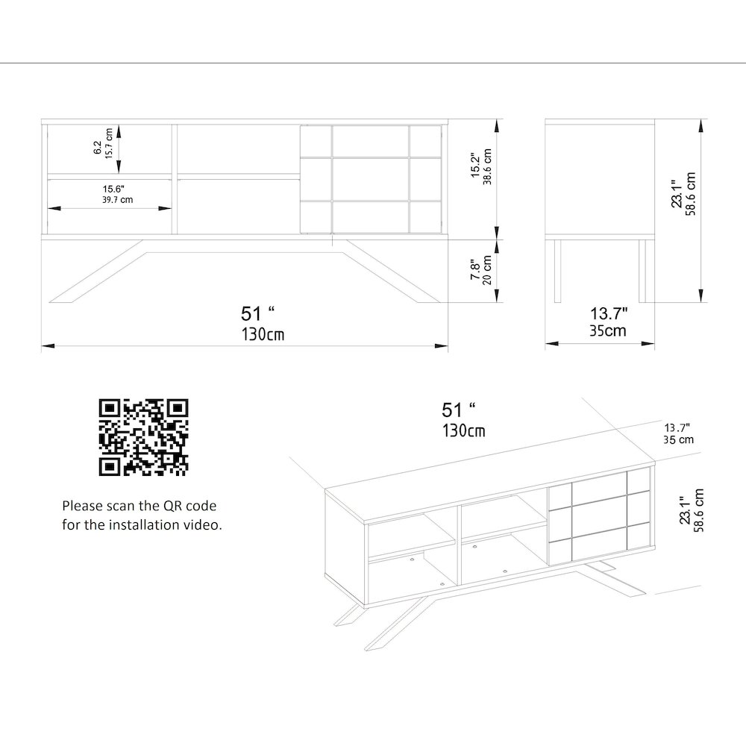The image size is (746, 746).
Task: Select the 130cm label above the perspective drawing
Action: click(463, 430)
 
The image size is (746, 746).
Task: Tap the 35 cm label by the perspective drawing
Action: click(677, 440)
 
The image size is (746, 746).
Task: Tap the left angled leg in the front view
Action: click(97, 272)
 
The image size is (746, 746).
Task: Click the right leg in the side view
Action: click(643, 270)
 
